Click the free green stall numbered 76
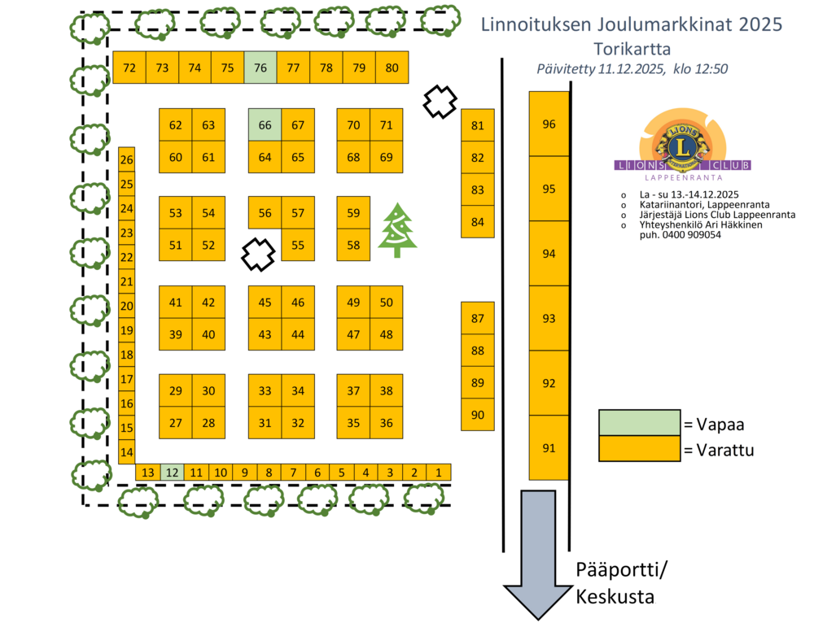coord(260,68)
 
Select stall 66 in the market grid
coord(265,125)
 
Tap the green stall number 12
coord(172,473)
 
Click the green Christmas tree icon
coord(397,230)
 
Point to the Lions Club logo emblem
coord(682,145)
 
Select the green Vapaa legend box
coord(639,423)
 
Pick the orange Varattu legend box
coord(639,448)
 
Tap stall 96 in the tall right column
coord(549,124)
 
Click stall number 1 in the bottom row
coord(439,473)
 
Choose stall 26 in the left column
coord(126,159)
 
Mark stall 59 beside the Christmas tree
coord(353,213)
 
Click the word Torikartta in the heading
coord(632,49)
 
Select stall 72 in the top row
coord(129,68)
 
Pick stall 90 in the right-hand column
coord(478,415)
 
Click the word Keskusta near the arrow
coord(615,596)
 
